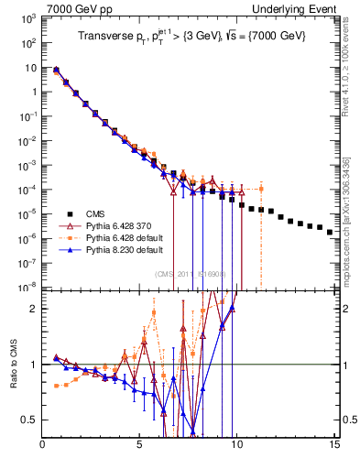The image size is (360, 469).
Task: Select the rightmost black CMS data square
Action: click(x=330, y=232)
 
